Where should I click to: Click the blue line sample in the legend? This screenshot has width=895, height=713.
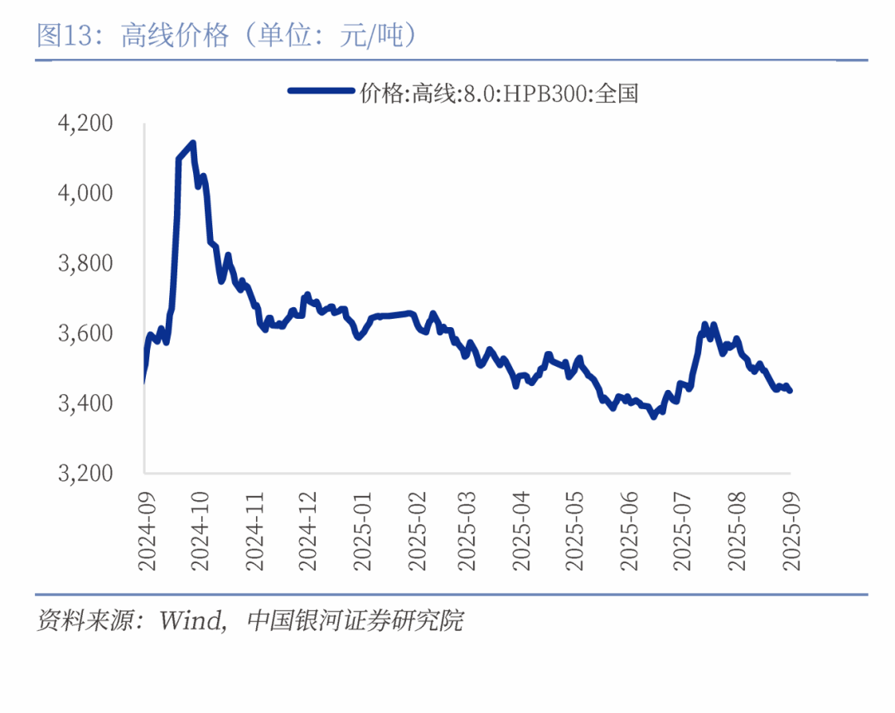click(x=322, y=92)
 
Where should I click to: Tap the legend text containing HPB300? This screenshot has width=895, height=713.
click(x=499, y=93)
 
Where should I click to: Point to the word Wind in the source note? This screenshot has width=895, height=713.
click(x=192, y=620)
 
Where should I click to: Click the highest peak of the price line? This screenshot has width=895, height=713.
click(x=192, y=143)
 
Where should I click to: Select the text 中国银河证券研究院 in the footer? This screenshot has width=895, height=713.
click(x=356, y=620)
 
